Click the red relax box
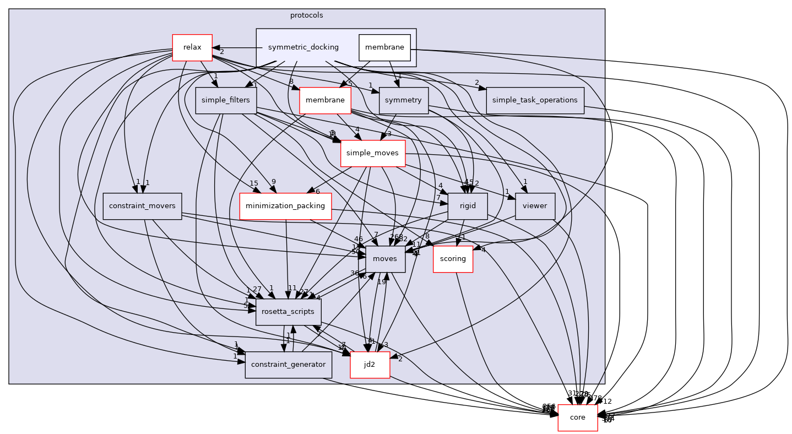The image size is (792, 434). (x=192, y=47)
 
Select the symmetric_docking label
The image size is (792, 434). (x=303, y=47)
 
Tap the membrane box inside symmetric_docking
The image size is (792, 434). (x=385, y=47)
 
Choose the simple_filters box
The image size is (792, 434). (x=226, y=100)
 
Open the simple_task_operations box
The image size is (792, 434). (x=534, y=100)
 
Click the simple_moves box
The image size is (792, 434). (x=373, y=153)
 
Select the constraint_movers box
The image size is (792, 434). (x=142, y=206)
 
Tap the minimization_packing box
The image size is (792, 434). (x=285, y=206)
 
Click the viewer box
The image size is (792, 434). (x=534, y=206)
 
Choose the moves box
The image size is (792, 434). (x=382, y=259)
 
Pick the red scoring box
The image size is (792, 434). (x=453, y=259)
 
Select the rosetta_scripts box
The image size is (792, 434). (x=289, y=312)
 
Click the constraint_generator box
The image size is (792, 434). (x=289, y=365)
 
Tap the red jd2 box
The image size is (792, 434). (x=370, y=365)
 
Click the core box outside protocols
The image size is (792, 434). (x=577, y=417)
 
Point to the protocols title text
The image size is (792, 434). (x=306, y=15)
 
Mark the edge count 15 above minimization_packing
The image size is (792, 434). (x=254, y=183)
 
